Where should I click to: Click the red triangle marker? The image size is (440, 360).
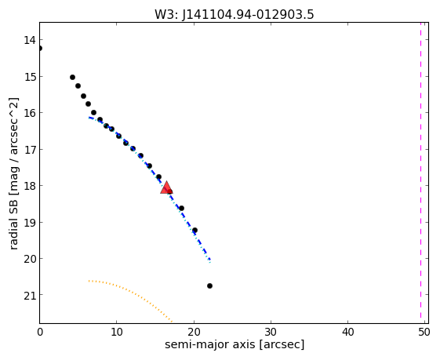point(166,187)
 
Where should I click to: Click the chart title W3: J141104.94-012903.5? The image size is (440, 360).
point(234,15)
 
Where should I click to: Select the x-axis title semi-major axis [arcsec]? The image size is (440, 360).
point(235,344)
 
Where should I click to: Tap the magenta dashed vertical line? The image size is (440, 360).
point(420,170)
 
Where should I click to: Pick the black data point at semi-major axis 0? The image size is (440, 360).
point(39,49)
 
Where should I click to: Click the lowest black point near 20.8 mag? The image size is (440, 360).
point(209,286)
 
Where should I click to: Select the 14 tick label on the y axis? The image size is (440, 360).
point(30,40)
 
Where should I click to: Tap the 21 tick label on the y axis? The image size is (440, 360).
point(30,295)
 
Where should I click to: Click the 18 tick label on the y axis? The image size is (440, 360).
point(30,186)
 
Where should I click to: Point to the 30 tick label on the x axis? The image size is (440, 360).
point(271,333)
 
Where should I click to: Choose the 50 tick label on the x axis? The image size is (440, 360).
point(424,333)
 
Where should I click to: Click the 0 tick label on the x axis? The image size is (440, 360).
point(40,333)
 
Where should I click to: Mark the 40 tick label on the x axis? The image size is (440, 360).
point(348,333)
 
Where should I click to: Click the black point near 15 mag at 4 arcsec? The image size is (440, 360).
point(72,77)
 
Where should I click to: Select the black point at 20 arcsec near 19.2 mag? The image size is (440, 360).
point(195,231)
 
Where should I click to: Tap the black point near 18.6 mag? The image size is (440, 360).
point(181,208)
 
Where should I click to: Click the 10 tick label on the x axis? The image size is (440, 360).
point(117,333)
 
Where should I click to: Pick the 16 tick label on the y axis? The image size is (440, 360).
point(30,113)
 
